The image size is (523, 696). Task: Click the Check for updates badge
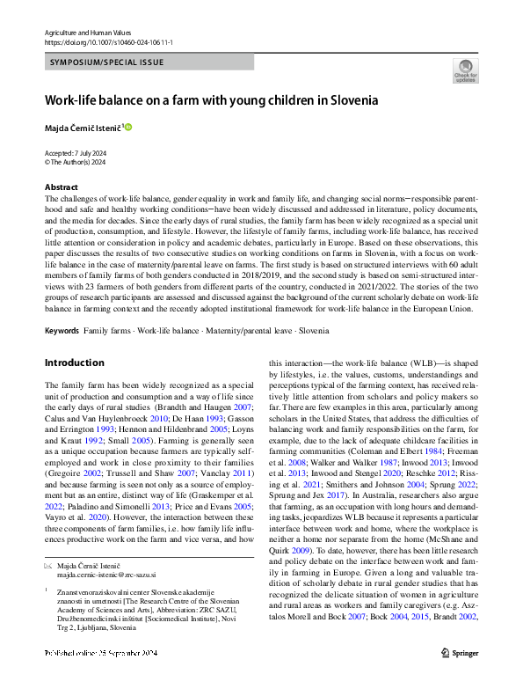[x=465, y=70]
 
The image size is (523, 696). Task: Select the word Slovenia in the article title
[x=353, y=100]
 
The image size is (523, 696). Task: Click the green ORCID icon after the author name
[x=127, y=128]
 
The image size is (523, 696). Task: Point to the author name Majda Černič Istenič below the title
[x=83, y=129]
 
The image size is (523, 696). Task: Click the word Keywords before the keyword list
[x=62, y=331]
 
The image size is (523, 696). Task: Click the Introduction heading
[x=74, y=363]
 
